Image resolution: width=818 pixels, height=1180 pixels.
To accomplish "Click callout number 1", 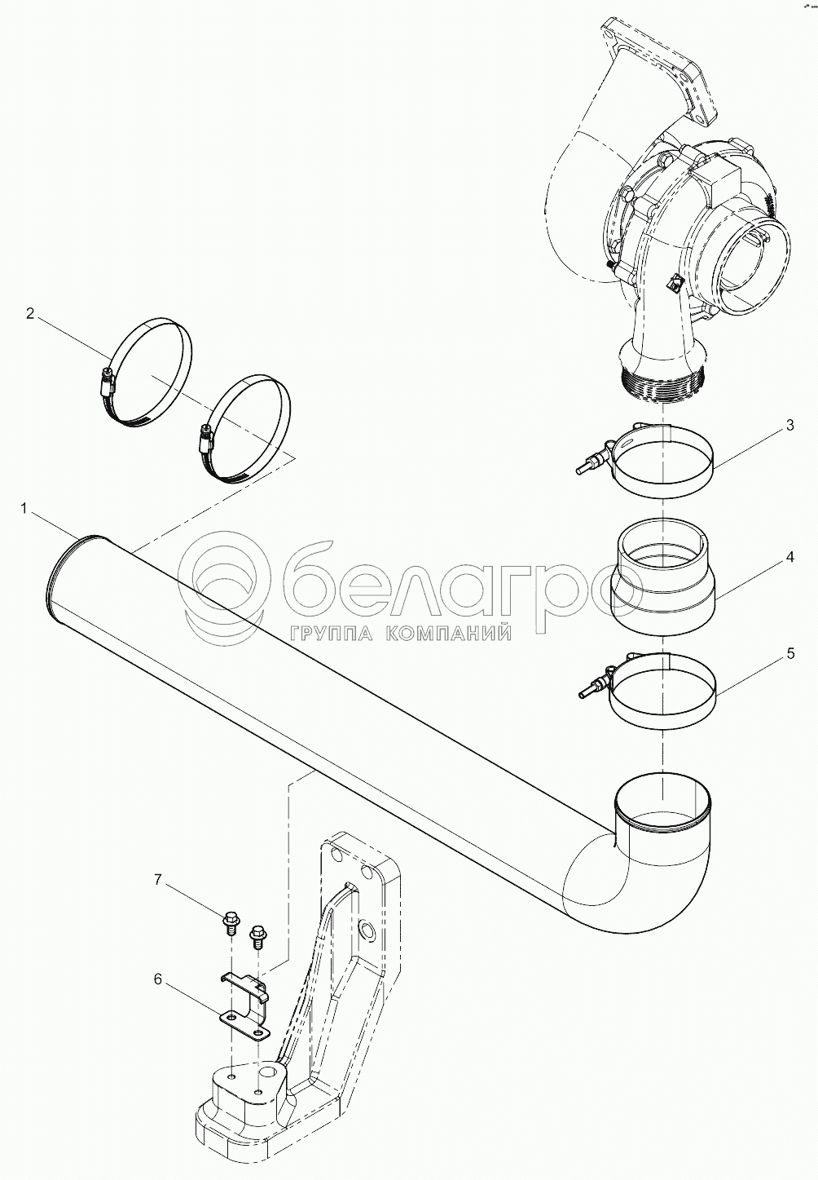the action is point(23,508).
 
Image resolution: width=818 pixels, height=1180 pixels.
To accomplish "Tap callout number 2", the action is point(30,314).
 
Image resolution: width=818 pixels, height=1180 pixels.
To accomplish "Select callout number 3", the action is point(789,426).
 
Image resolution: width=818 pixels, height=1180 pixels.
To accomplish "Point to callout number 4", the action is point(789,557).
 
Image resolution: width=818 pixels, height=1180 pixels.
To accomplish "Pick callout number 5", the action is point(790,654).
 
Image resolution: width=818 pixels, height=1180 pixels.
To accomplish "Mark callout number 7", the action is point(157,895).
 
